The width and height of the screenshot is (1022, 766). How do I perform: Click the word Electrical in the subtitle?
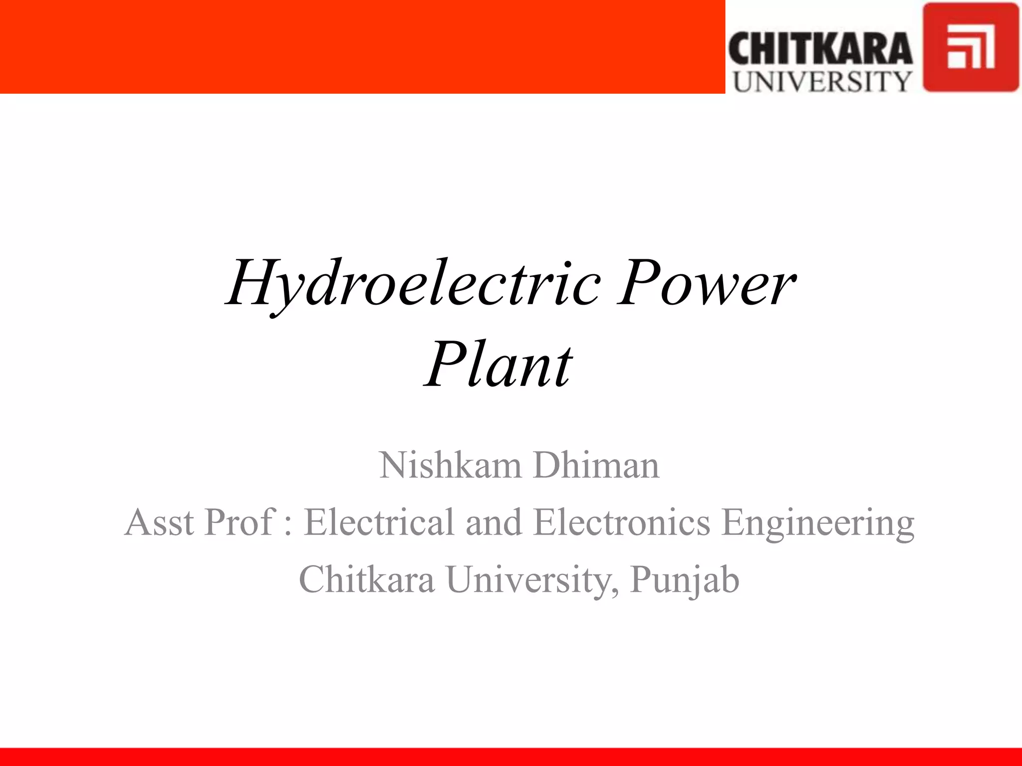(379, 522)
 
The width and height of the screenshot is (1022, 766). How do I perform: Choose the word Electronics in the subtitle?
(622, 522)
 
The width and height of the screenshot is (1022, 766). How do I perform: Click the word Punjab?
(685, 580)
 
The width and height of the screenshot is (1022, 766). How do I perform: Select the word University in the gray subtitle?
(528, 580)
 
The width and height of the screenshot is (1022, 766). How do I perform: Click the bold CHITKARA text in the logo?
(820, 49)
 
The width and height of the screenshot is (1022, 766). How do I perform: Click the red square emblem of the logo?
(970, 47)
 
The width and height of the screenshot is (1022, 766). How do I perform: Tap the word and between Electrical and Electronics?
(494, 522)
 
